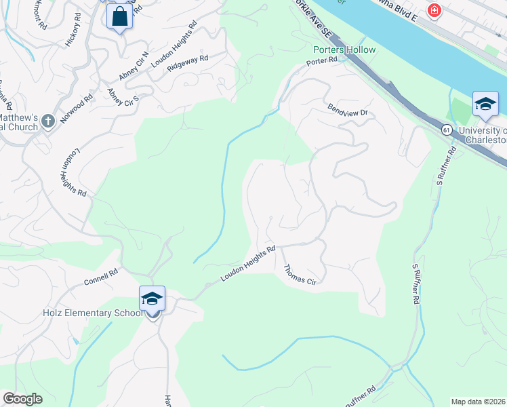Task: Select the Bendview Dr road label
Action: point(346,110)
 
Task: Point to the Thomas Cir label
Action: point(300,275)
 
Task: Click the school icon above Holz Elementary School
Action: point(152,298)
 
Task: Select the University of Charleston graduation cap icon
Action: point(485,104)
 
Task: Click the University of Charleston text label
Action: point(483,135)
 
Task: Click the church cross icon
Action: point(47,121)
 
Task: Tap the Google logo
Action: point(23,399)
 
